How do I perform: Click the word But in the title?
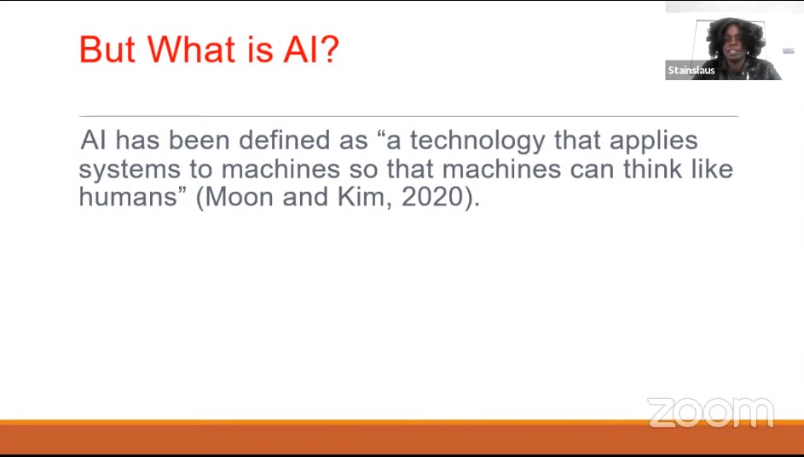pos(107,49)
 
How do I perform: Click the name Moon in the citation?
pos(239,197)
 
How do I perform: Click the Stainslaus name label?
pos(691,70)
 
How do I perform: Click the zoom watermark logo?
pos(711,413)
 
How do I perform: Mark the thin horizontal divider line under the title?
pos(408,117)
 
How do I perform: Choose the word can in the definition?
pos(592,171)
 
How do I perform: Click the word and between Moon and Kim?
pos(305,197)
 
